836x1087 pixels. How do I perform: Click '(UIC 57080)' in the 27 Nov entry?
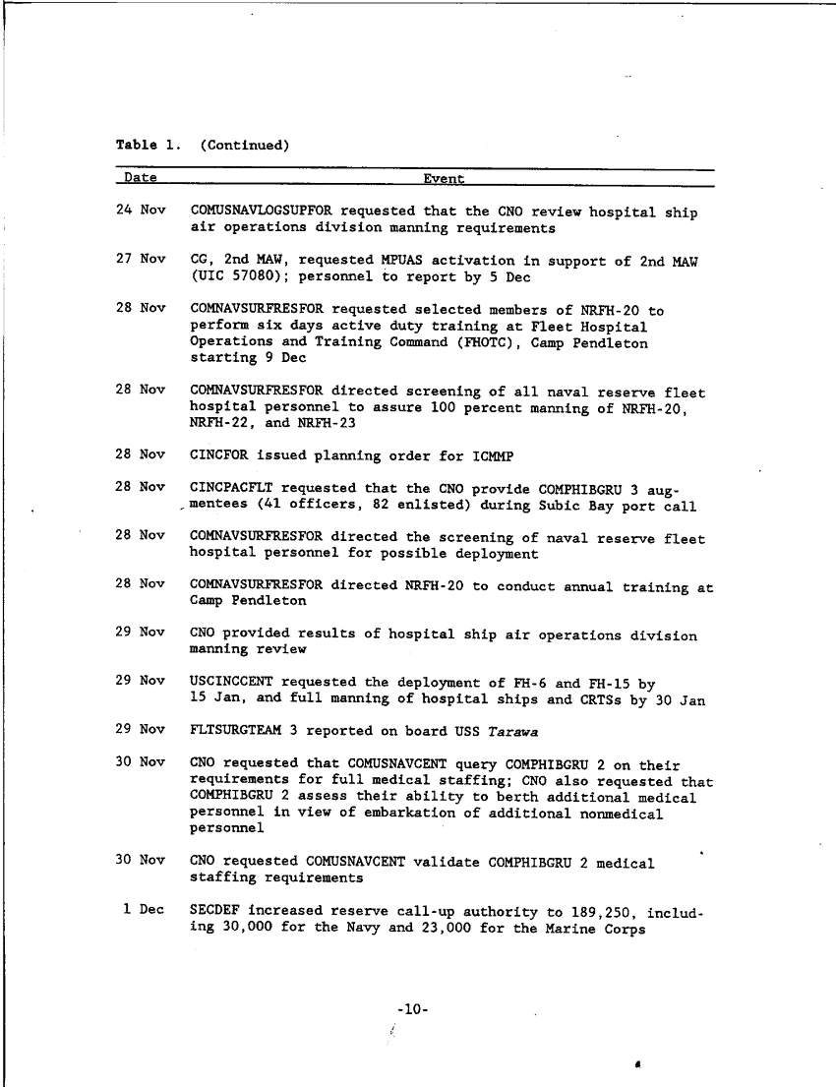click(236, 277)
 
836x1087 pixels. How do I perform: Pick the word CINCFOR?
click(218, 455)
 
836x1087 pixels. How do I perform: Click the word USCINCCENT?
click(231, 682)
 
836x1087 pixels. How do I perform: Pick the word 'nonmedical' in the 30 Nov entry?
click(622, 814)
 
